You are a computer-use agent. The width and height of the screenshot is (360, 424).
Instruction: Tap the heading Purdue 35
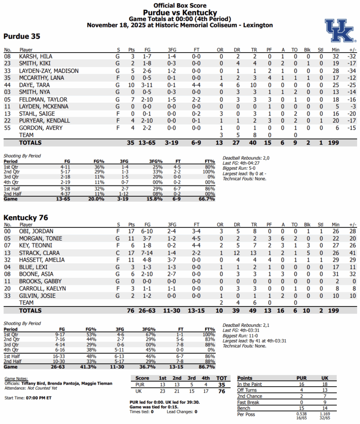(22, 36)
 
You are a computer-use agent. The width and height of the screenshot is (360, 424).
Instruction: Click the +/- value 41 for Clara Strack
(353, 253)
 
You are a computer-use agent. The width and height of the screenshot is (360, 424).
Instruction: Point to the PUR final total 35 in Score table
(222, 384)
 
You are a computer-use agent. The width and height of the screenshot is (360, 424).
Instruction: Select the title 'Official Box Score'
(180, 5)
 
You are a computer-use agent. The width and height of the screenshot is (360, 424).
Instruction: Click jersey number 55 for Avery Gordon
(7, 128)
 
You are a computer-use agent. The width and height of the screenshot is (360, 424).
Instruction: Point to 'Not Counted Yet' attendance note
(42, 388)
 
